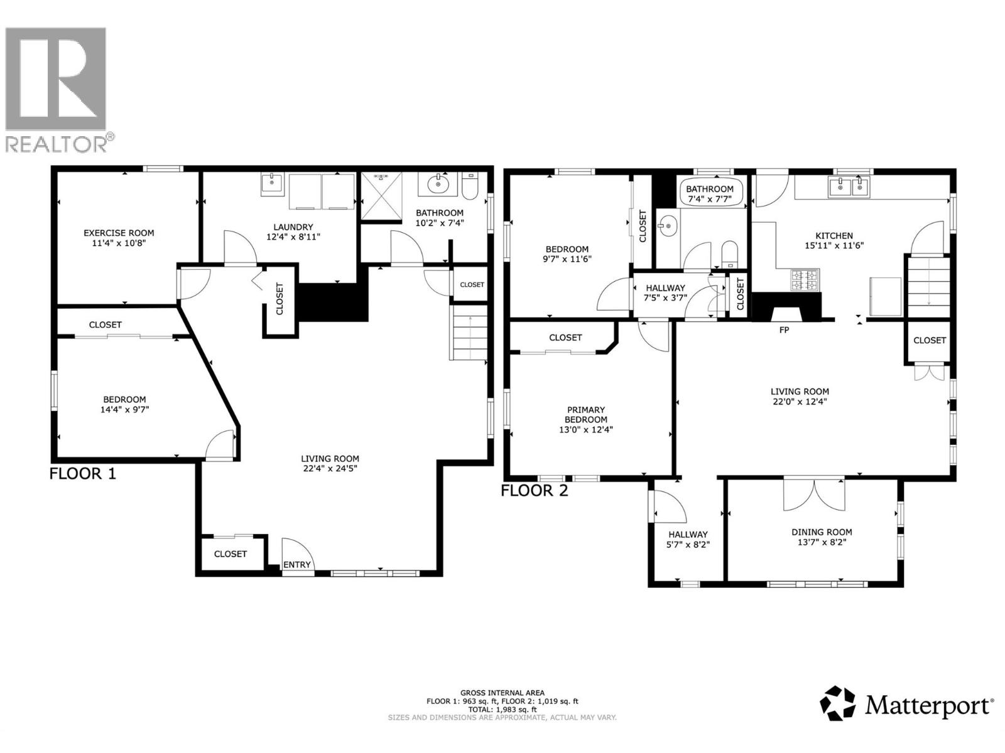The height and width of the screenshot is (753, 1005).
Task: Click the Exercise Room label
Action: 119,233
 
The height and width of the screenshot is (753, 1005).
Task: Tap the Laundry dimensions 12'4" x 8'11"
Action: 293,237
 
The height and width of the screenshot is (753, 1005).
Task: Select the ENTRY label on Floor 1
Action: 297,565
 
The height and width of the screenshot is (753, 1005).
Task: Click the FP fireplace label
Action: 784,330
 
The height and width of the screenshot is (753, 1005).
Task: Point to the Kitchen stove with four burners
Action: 805,280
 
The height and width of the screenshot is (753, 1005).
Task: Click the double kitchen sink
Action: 849,187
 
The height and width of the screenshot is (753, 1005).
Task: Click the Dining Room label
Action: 822,532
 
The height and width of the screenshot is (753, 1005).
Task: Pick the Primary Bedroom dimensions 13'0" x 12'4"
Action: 586,430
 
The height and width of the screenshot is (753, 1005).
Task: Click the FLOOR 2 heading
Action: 535,491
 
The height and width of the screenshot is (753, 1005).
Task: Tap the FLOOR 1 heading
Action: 83,474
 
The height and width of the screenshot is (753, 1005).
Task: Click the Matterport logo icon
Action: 838,703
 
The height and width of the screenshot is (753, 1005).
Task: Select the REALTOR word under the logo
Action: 57,144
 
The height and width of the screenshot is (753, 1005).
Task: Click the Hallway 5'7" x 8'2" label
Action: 688,540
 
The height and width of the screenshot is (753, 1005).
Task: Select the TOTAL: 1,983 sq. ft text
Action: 503,709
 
